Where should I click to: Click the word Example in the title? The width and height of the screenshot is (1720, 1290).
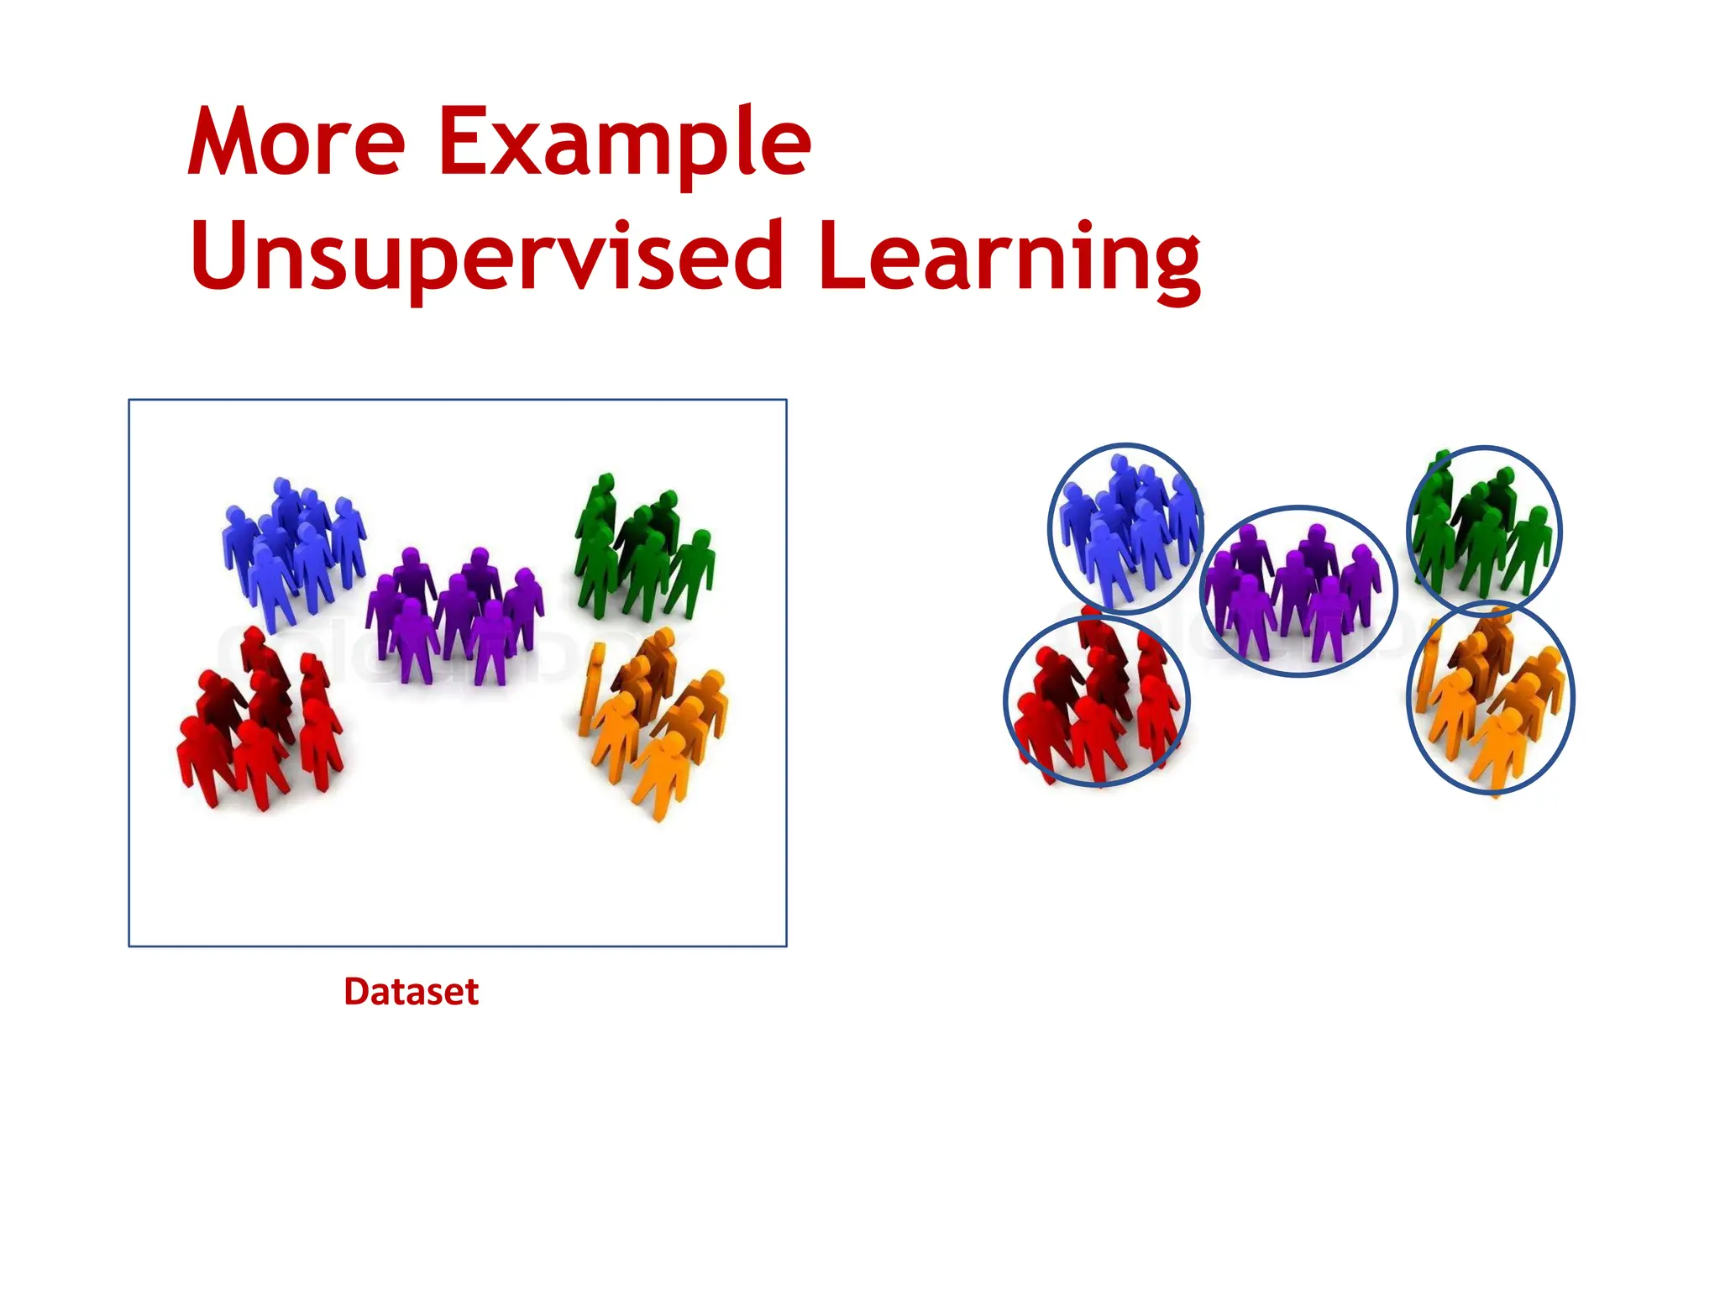tap(624, 143)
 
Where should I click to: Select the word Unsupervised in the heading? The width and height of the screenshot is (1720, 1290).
tap(487, 256)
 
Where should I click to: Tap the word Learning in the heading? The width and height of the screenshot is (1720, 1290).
tap(1009, 256)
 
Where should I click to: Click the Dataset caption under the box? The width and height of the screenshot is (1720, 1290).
tap(411, 992)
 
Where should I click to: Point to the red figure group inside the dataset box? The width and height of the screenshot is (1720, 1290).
tap(260, 722)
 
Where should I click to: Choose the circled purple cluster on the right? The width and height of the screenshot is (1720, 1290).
tap(1298, 592)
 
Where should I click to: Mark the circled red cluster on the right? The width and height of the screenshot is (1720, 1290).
tap(1096, 701)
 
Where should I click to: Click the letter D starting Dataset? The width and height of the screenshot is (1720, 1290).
tap(356, 992)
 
